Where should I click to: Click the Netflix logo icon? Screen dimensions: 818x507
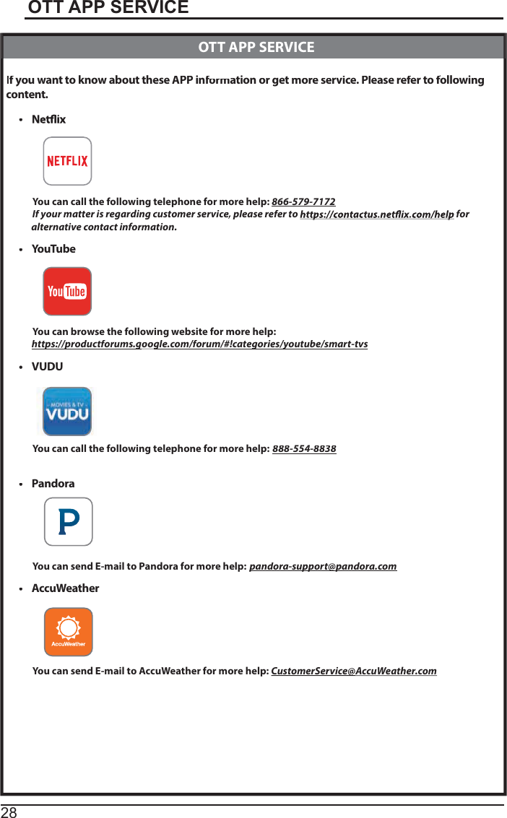pos(67,161)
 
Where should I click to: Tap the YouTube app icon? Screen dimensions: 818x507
pos(67,292)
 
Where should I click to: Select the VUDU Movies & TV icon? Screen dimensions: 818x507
pos(67,412)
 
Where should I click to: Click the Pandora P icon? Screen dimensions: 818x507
pos(69,521)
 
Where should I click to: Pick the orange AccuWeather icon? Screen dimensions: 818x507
pos(69,632)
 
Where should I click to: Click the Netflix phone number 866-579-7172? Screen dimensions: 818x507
pos(303,201)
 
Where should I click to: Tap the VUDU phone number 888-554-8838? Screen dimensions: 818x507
pos(304,449)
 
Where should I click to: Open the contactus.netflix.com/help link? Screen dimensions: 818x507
pos(376,214)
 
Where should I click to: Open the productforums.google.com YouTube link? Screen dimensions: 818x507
pos(199,344)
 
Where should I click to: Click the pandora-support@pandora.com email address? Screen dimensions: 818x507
pos(323,566)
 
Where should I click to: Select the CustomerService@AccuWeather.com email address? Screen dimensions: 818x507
pos(353,671)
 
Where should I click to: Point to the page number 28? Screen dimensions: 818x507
pos(9,812)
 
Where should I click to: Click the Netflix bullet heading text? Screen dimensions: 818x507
pos(48,119)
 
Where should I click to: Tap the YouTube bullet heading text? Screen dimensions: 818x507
pos(53,249)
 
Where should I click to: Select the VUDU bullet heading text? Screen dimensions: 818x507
pos(47,367)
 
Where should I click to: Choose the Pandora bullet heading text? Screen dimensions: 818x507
pos(53,484)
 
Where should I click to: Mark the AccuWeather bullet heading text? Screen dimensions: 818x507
pos(65,588)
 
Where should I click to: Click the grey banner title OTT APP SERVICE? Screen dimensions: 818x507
pos(256,48)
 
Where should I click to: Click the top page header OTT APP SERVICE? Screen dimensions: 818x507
pos(108,8)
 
